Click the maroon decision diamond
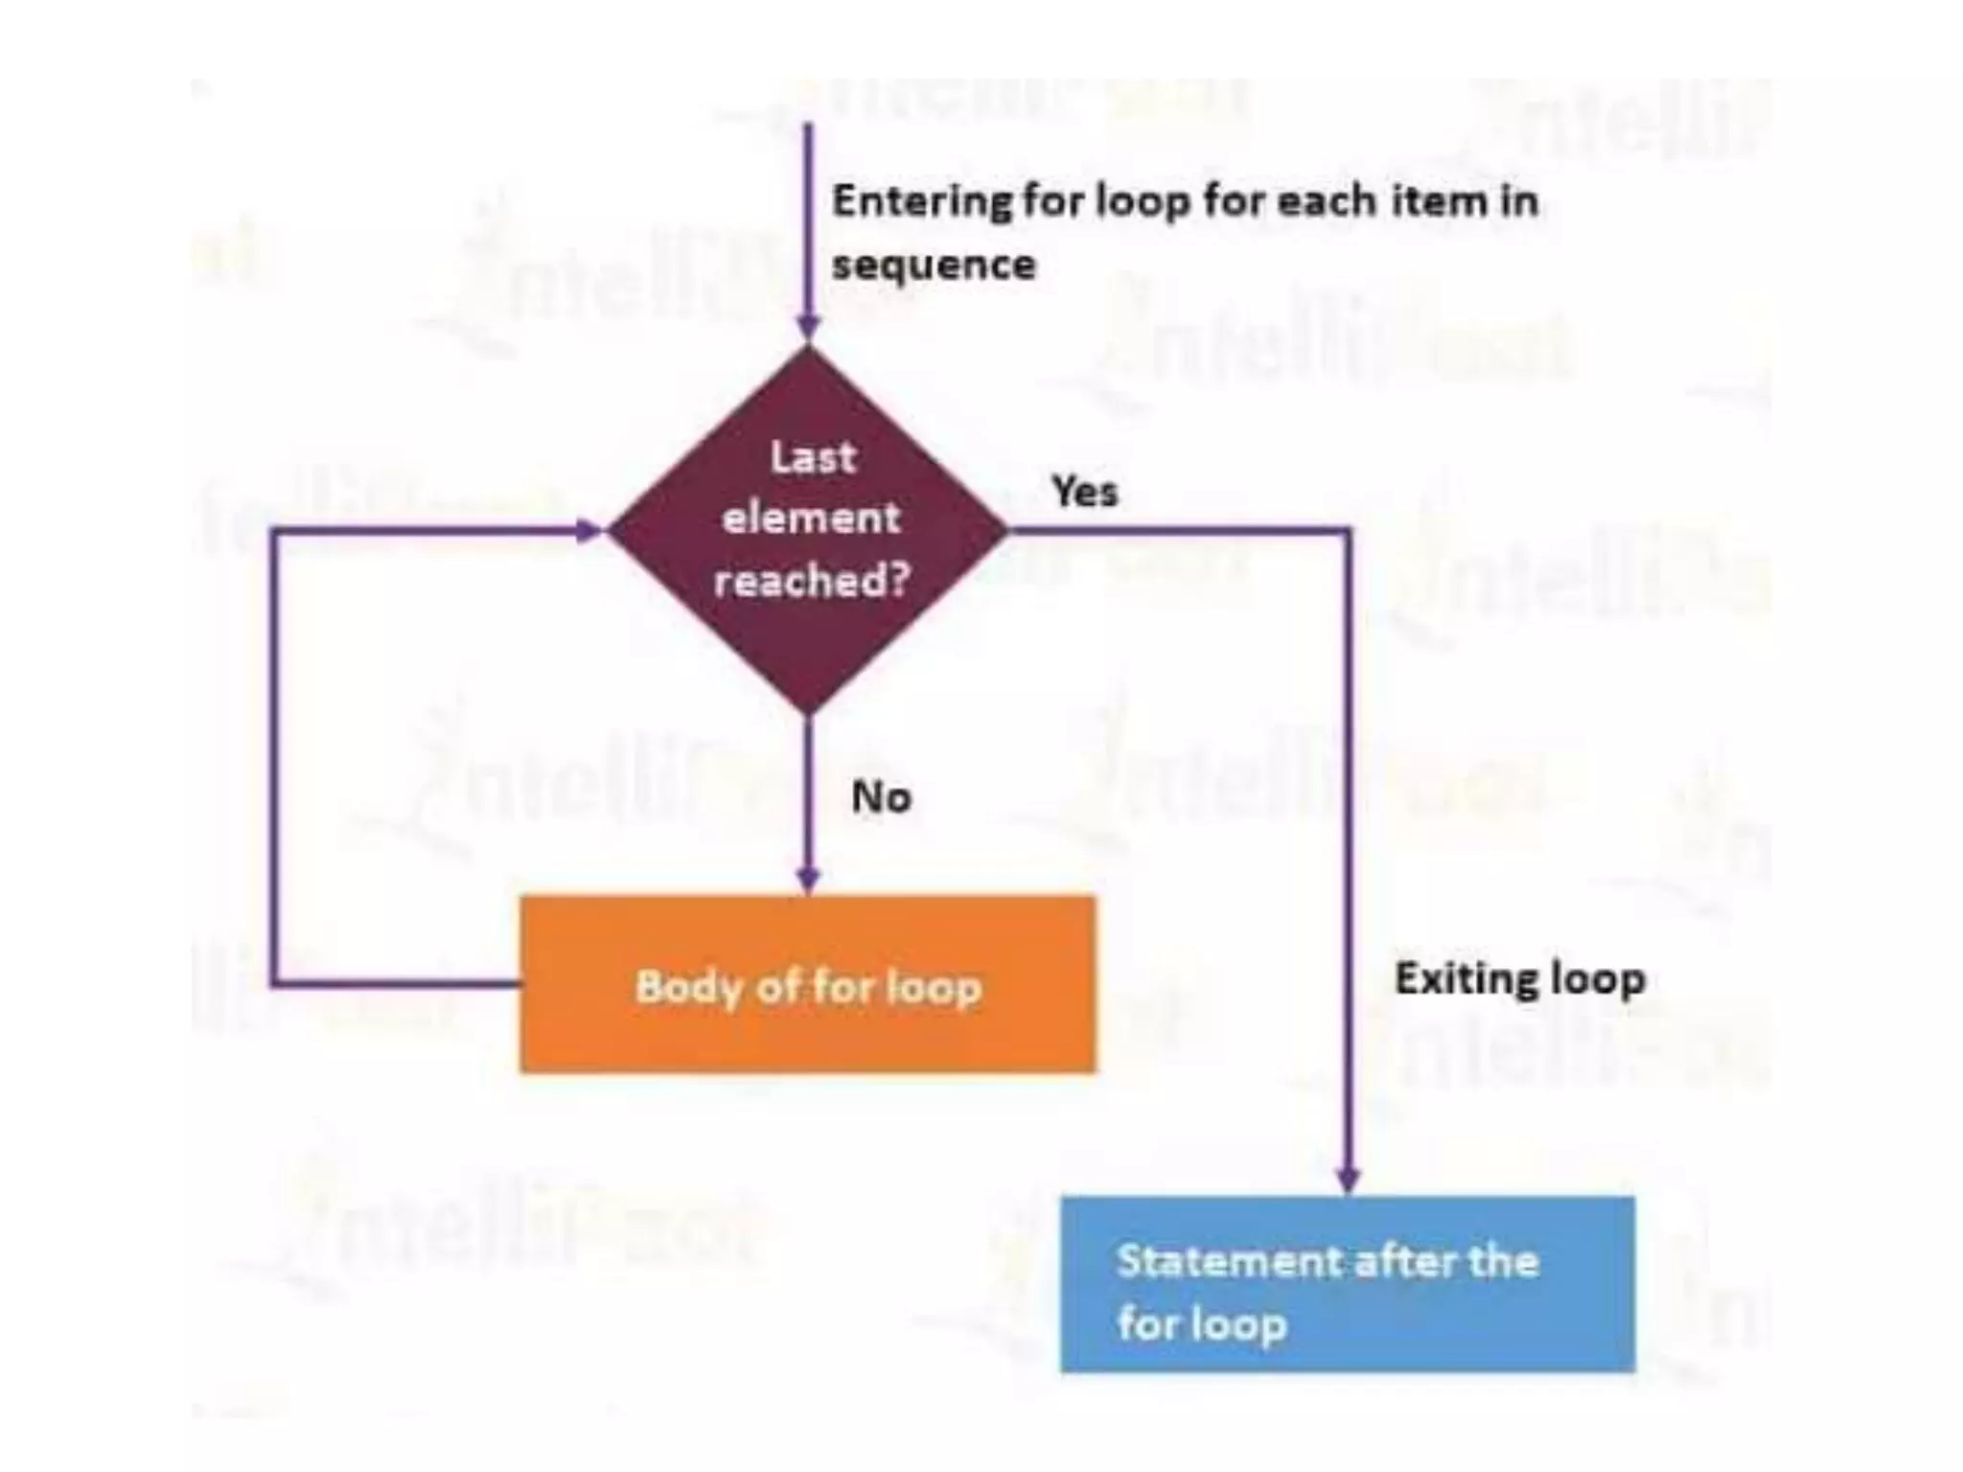coord(808,528)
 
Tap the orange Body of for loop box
coord(807,984)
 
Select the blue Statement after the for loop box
coord(1347,1284)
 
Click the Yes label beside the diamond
coord(1084,492)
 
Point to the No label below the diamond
coord(881,796)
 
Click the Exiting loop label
coord(1519,978)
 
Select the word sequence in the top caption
coord(934,264)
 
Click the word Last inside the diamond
coord(812,456)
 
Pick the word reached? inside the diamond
coord(811,580)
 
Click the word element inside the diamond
coord(811,518)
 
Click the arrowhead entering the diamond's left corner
coord(587,530)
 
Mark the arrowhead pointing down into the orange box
coord(808,880)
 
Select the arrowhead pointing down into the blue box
coord(1348,1179)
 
